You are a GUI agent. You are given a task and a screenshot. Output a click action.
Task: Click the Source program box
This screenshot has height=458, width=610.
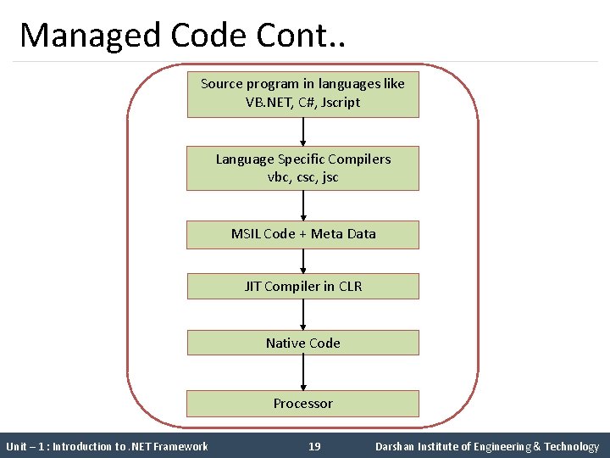coord(302,93)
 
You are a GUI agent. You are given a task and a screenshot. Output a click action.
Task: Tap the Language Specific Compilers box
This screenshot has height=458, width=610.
coord(302,168)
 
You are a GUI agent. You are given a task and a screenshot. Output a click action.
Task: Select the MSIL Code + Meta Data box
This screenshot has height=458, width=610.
coord(302,234)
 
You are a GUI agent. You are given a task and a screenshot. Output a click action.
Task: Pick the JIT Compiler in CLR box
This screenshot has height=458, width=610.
coord(302,287)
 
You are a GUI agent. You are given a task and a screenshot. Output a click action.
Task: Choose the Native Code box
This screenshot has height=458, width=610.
coord(302,343)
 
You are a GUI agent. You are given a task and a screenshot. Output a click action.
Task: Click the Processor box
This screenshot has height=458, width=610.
coord(302,404)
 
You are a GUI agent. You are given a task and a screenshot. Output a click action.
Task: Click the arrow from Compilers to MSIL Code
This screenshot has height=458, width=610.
coord(303,205)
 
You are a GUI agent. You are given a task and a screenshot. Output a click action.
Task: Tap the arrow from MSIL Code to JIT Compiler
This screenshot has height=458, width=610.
coord(303,260)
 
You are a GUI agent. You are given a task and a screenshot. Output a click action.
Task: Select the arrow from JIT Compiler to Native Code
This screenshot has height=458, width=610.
coord(303,315)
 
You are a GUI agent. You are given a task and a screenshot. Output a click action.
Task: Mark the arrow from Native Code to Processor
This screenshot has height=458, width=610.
coord(303,372)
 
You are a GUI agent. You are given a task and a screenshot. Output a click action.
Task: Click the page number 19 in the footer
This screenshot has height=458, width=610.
coord(314,446)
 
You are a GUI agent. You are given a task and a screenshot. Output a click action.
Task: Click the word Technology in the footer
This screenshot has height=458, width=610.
coord(572,446)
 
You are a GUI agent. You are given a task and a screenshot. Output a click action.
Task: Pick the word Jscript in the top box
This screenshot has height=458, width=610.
coord(341,103)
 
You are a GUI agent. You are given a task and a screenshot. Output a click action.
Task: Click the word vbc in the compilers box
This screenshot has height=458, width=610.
coord(278,177)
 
